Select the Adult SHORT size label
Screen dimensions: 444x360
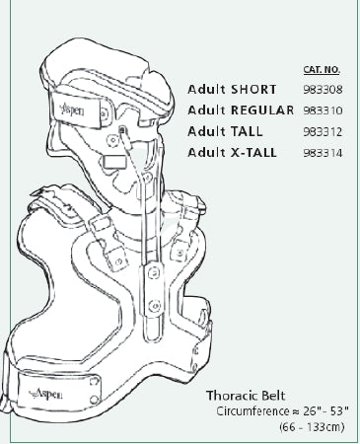tap(233, 89)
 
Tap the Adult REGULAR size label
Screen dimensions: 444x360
tap(241, 110)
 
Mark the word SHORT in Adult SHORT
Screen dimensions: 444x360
tap(254, 89)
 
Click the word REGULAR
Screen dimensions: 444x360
tap(262, 110)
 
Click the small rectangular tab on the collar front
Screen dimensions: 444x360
tap(111, 155)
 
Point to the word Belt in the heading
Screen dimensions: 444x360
tap(265, 394)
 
